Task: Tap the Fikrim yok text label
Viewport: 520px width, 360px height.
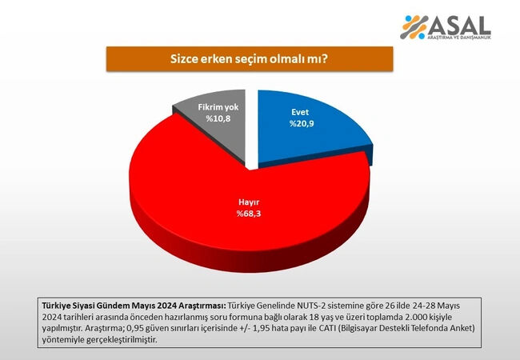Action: click(x=220, y=106)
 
